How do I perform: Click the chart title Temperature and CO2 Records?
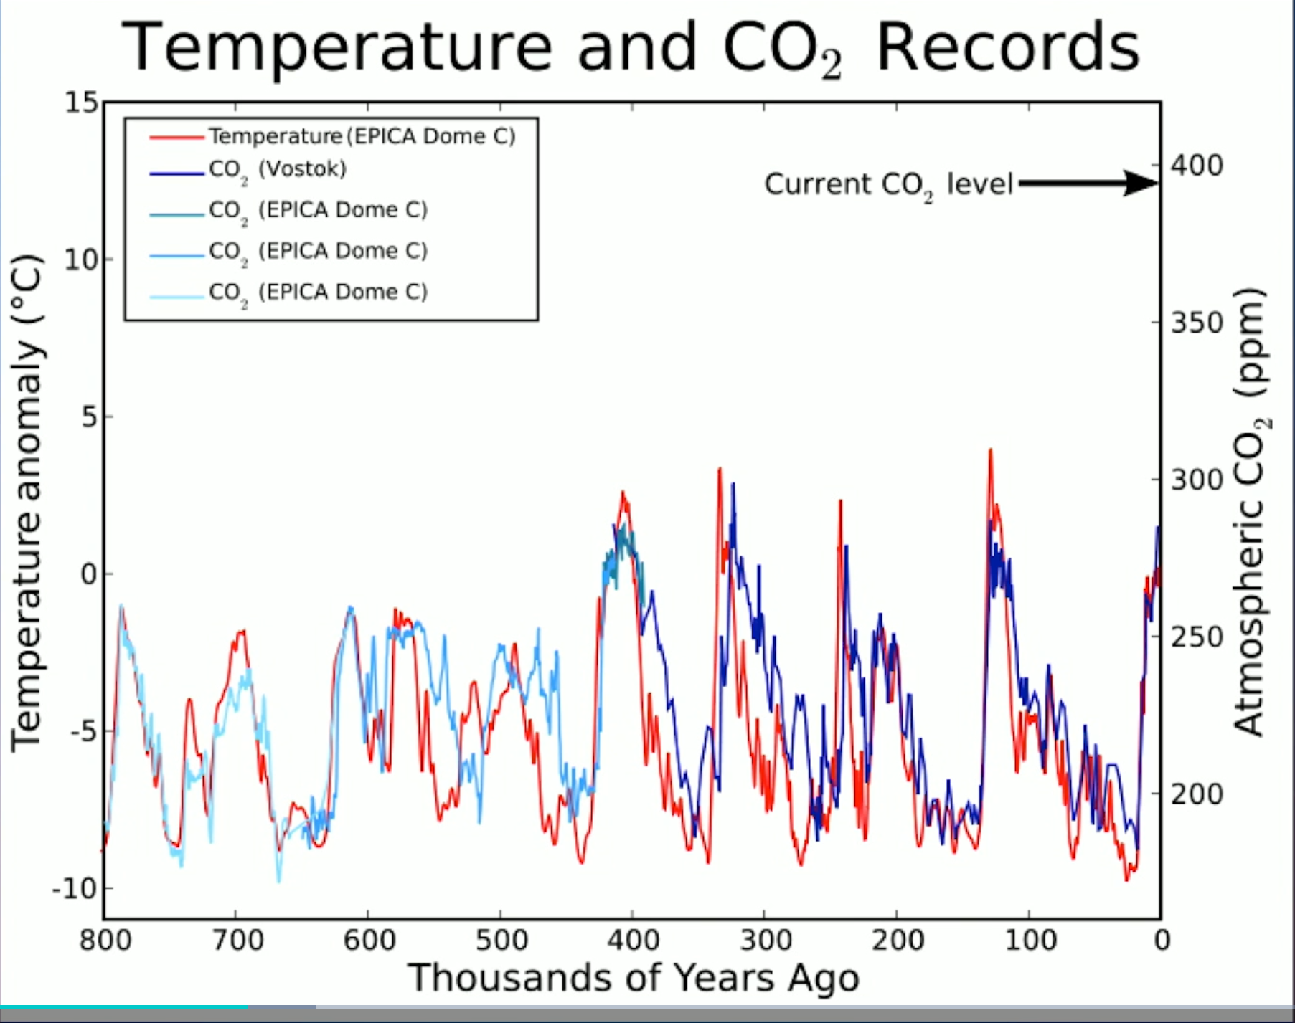630,47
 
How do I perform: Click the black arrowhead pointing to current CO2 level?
1141,183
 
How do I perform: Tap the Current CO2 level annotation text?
887,184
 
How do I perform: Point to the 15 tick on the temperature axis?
81,103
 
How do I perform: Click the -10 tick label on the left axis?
74,889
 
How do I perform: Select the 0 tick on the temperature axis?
89,574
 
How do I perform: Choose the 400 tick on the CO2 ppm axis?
1197,166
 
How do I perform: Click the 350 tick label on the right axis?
1197,323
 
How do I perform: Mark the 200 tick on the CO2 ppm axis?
1197,794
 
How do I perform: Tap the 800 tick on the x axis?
105,940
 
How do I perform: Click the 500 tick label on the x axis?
501,940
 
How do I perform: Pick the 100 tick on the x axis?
1030,940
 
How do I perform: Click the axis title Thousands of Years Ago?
633,978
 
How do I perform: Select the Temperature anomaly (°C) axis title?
27,502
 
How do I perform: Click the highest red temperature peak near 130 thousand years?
990,450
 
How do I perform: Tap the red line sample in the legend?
176,136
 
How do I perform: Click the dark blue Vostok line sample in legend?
176,173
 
